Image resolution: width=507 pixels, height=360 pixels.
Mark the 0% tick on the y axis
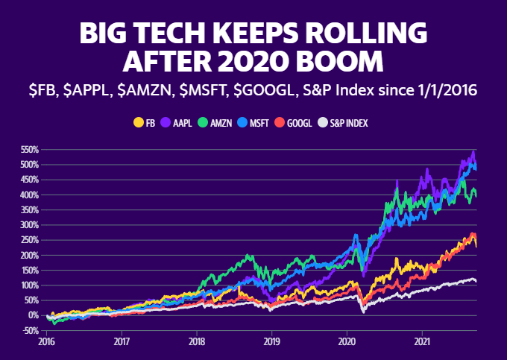click(33, 315)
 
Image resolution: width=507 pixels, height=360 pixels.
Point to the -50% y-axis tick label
click(28, 330)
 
